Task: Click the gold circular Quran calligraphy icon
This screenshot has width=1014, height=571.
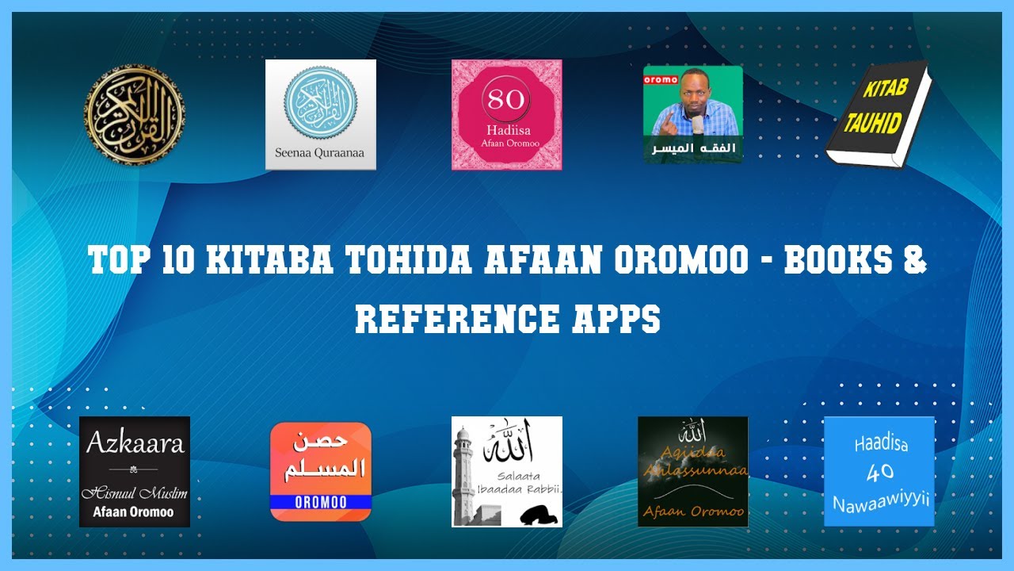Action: click(135, 115)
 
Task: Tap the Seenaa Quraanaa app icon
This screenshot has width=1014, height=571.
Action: click(320, 114)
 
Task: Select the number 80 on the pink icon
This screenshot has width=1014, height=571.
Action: click(506, 100)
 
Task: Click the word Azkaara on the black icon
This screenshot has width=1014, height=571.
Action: click(135, 442)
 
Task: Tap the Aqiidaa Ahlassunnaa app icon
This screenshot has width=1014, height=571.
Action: click(693, 472)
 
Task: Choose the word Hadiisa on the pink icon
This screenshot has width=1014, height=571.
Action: click(506, 128)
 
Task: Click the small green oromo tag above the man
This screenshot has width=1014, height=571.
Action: click(659, 79)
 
